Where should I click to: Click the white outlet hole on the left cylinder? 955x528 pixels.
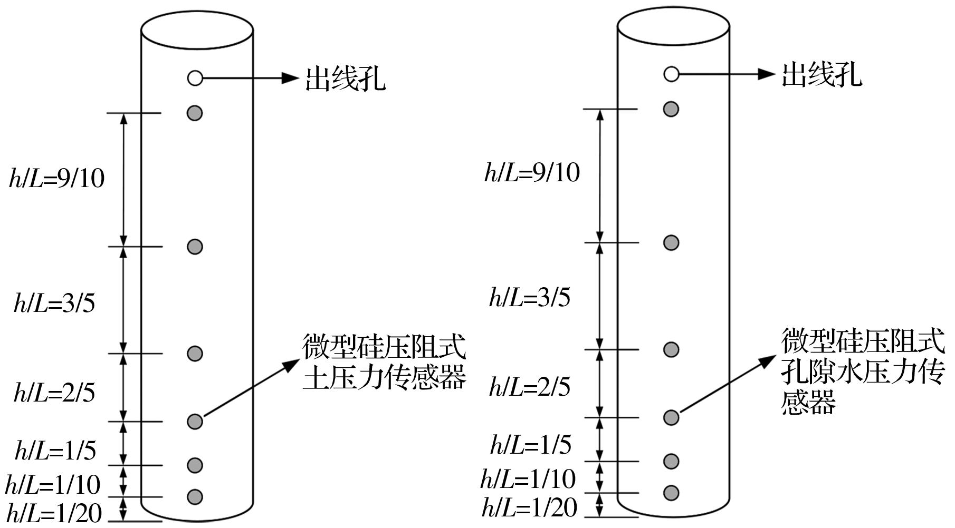(x=195, y=79)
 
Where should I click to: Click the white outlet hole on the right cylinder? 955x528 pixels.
(x=671, y=74)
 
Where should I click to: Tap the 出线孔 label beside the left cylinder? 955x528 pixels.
(x=346, y=79)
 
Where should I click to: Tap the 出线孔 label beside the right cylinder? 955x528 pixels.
(x=822, y=75)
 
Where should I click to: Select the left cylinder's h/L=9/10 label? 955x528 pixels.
(x=57, y=178)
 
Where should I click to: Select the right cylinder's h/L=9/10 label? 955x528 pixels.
(x=532, y=172)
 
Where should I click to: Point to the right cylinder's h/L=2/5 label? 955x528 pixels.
(x=530, y=387)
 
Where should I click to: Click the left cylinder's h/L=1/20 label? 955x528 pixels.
(x=53, y=511)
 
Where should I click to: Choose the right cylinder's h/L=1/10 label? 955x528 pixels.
(x=528, y=479)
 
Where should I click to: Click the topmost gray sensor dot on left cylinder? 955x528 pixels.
(x=195, y=113)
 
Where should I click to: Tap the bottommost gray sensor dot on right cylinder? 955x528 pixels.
(x=671, y=493)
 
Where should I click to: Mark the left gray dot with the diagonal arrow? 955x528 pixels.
(x=195, y=422)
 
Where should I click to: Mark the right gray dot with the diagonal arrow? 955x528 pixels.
(x=671, y=417)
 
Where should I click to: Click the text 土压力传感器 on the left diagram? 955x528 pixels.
(x=385, y=377)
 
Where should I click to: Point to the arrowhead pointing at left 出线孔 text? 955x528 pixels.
(x=290, y=79)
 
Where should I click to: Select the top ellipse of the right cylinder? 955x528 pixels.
(x=673, y=26)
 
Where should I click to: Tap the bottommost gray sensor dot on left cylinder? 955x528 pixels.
(x=195, y=497)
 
